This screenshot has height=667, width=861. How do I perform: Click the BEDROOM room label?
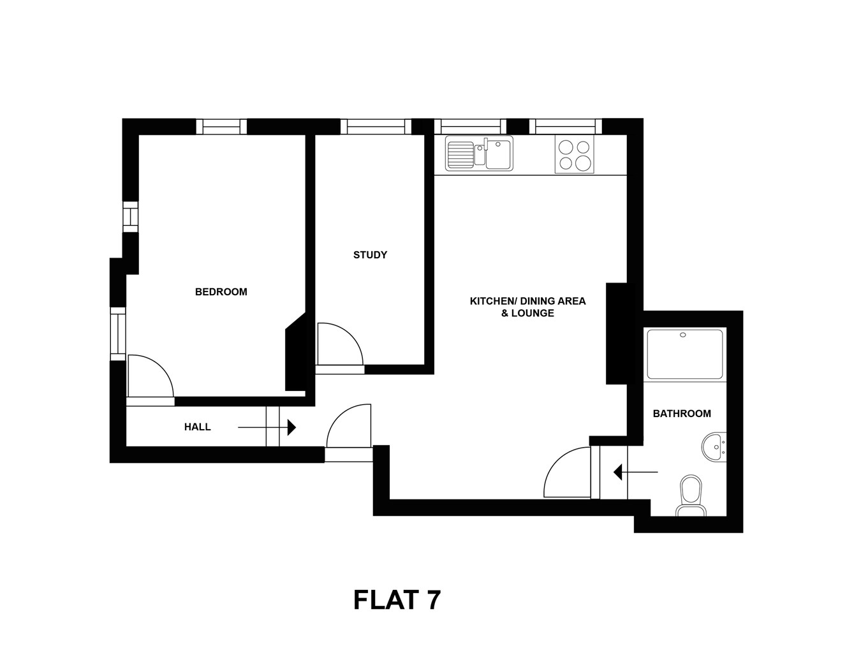click(221, 292)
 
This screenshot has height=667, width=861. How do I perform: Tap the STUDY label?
click(370, 255)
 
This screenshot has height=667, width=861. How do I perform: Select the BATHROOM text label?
click(681, 414)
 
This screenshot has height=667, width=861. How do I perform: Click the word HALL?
click(197, 427)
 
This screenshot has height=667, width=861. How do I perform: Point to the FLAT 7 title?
click(397, 600)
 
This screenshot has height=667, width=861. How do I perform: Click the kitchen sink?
click(479, 154)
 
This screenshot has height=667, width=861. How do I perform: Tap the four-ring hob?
click(574, 155)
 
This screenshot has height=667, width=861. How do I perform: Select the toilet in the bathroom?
click(690, 495)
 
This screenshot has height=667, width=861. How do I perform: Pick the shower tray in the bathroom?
click(685, 354)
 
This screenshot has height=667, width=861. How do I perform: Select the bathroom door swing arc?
click(566, 473)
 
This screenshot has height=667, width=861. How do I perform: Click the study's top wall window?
click(376, 127)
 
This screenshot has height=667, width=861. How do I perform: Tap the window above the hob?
click(565, 127)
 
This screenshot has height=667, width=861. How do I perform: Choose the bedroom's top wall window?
click(221, 127)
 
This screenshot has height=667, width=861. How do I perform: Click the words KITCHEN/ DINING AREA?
click(527, 301)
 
